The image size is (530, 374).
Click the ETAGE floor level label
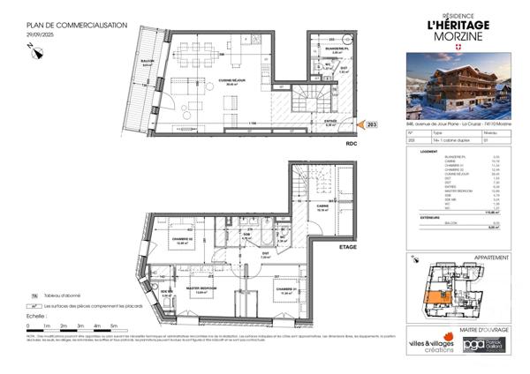pyautogui.click(x=347, y=248)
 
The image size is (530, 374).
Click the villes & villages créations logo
pyautogui.click(x=430, y=344)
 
